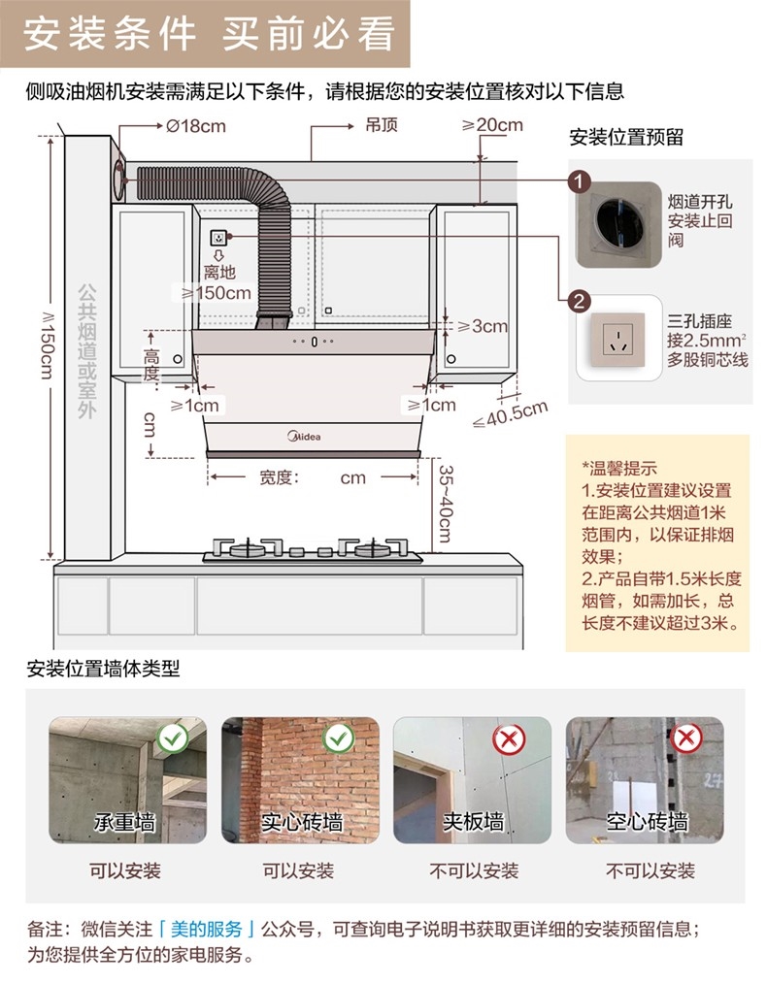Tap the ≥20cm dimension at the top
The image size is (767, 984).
click(x=492, y=125)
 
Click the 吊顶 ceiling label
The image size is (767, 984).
click(x=382, y=125)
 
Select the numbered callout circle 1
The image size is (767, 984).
click(x=580, y=182)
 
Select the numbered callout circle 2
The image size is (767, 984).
click(x=580, y=301)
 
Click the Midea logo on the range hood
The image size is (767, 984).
click(x=303, y=437)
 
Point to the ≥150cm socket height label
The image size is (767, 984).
click(x=212, y=292)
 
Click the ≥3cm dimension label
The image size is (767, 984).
click(x=478, y=326)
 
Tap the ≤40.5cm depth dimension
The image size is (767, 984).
click(x=510, y=413)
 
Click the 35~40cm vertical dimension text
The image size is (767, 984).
click(x=446, y=505)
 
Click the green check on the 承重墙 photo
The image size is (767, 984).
click(x=174, y=739)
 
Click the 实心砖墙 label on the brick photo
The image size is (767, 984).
click(x=301, y=823)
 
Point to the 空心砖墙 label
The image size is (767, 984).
click(x=647, y=823)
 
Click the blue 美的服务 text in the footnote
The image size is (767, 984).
click(x=212, y=929)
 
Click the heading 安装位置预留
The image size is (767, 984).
click(x=626, y=138)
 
